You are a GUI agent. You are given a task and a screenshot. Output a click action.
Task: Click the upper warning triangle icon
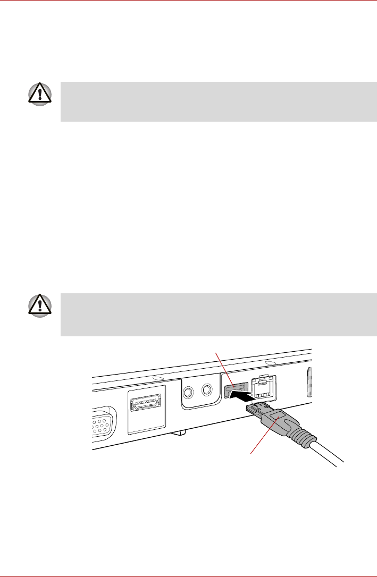pos(40,95)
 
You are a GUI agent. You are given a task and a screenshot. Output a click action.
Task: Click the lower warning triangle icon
pos(40,307)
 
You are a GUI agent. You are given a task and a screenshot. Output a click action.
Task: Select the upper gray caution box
pos(218,102)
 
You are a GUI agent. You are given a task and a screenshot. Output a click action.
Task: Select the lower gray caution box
pos(218,315)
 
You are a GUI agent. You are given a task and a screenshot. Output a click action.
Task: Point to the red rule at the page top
pos(188,1)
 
